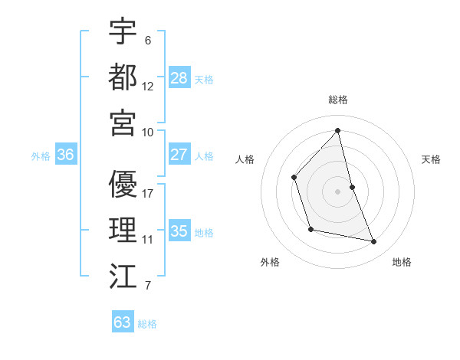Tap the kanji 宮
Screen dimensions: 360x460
123,122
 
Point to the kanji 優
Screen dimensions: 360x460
123,183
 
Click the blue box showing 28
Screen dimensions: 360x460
179,78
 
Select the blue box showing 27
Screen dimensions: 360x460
179,155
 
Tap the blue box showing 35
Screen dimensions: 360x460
179,231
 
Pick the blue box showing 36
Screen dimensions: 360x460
66,155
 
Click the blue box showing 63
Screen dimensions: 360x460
123,322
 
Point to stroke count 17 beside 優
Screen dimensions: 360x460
148,193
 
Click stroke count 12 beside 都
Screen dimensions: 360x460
148,86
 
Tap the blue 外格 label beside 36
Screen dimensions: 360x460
41,156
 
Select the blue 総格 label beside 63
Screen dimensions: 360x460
147,324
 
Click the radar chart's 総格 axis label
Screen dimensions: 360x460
338,100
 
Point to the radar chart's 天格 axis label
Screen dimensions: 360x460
432,159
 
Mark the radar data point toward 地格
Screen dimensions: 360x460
374,242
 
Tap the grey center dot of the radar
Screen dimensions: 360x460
338,191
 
